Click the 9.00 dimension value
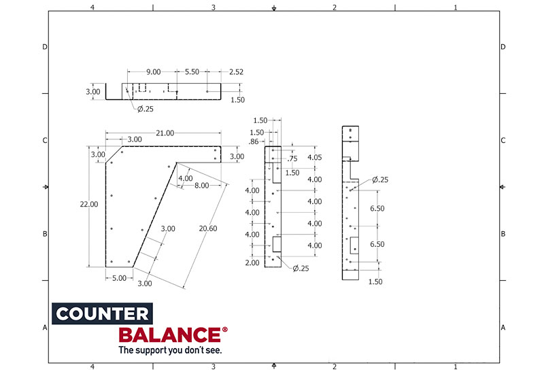pyautogui.click(x=154, y=71)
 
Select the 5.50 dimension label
pyautogui.click(x=192, y=71)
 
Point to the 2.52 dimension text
pyautogui.click(x=237, y=71)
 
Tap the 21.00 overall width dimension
pyautogui.click(x=165, y=133)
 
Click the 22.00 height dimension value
pyautogui.click(x=89, y=204)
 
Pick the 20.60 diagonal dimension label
pyautogui.click(x=208, y=228)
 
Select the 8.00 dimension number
pyautogui.click(x=201, y=185)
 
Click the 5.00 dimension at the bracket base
pyautogui.click(x=118, y=277)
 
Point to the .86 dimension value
pyautogui.click(x=254, y=141)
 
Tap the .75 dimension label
pyautogui.click(x=293, y=158)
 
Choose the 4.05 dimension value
pyautogui.click(x=314, y=157)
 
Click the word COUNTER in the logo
pyautogui.click(x=101, y=314)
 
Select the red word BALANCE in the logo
pyautogui.click(x=169, y=335)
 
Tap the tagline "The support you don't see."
pyautogui.click(x=170, y=351)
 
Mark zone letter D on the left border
pyautogui.click(x=45, y=47)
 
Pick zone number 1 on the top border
pyautogui.click(x=455, y=7)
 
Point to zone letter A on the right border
pyautogui.click(x=503, y=327)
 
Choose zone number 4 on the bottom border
pyautogui.click(x=92, y=367)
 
